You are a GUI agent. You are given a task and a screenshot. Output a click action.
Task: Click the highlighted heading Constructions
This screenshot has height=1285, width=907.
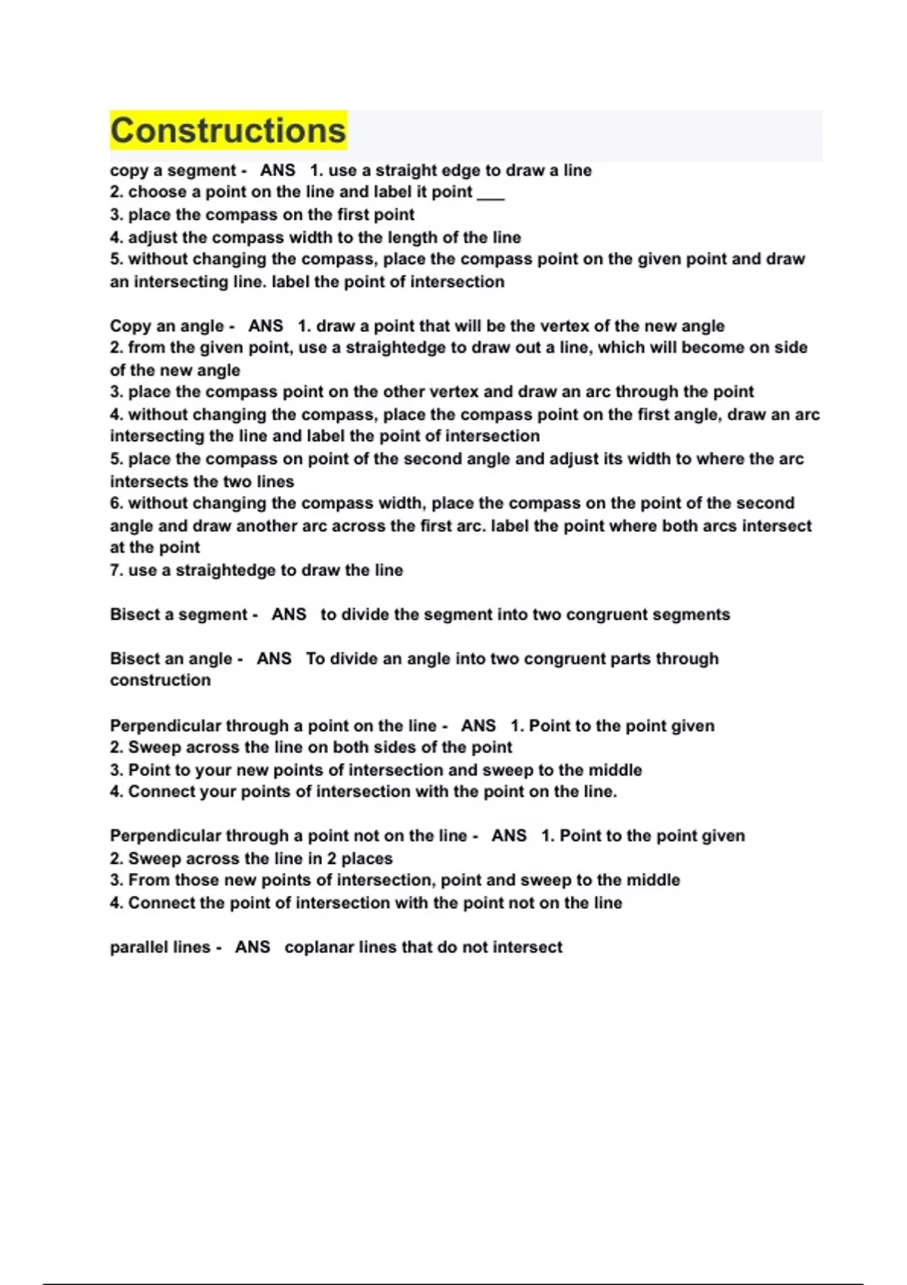[228, 131]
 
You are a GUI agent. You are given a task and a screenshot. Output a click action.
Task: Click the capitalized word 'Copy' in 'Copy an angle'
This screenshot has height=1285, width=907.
[130, 326]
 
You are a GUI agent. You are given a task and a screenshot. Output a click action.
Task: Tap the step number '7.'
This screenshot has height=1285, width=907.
[116, 570]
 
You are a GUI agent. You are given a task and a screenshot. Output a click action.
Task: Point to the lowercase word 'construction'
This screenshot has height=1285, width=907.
[160, 680]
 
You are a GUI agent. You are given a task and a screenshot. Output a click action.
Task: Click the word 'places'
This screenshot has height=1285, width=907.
[367, 859]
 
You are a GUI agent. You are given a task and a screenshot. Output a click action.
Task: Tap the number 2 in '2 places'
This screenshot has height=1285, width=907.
[331, 859]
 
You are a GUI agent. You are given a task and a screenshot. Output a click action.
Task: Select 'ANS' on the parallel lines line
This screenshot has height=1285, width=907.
[252, 947]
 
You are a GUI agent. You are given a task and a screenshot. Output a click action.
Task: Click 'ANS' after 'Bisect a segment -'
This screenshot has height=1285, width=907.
[289, 615]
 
